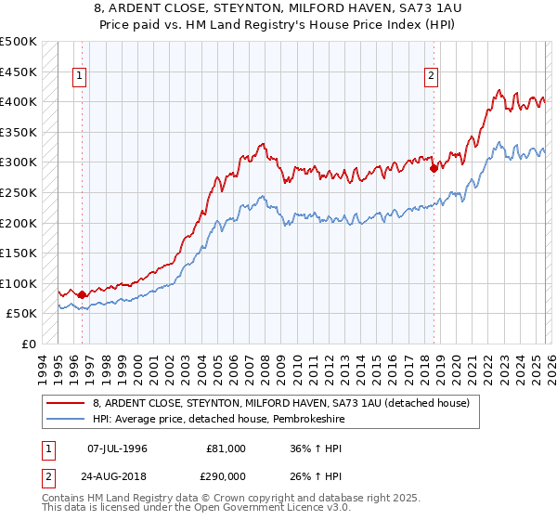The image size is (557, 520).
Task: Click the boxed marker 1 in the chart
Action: coord(81,77)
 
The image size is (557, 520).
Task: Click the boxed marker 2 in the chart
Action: coord(433,77)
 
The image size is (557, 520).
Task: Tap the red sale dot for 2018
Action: coord(434,168)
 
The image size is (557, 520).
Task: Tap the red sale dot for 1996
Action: coord(82,294)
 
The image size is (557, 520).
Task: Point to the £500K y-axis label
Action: coord(19,42)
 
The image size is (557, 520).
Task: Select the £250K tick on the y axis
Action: coord(19,192)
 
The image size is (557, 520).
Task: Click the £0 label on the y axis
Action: coord(29,344)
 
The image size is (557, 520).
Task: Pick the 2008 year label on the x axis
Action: coord(266,367)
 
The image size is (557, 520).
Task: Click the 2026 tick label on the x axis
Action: coord(549,367)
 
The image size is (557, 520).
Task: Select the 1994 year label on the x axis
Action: coord(42,367)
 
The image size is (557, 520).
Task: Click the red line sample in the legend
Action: coord(66,403)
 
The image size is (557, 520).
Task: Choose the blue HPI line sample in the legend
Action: coord(66,419)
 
